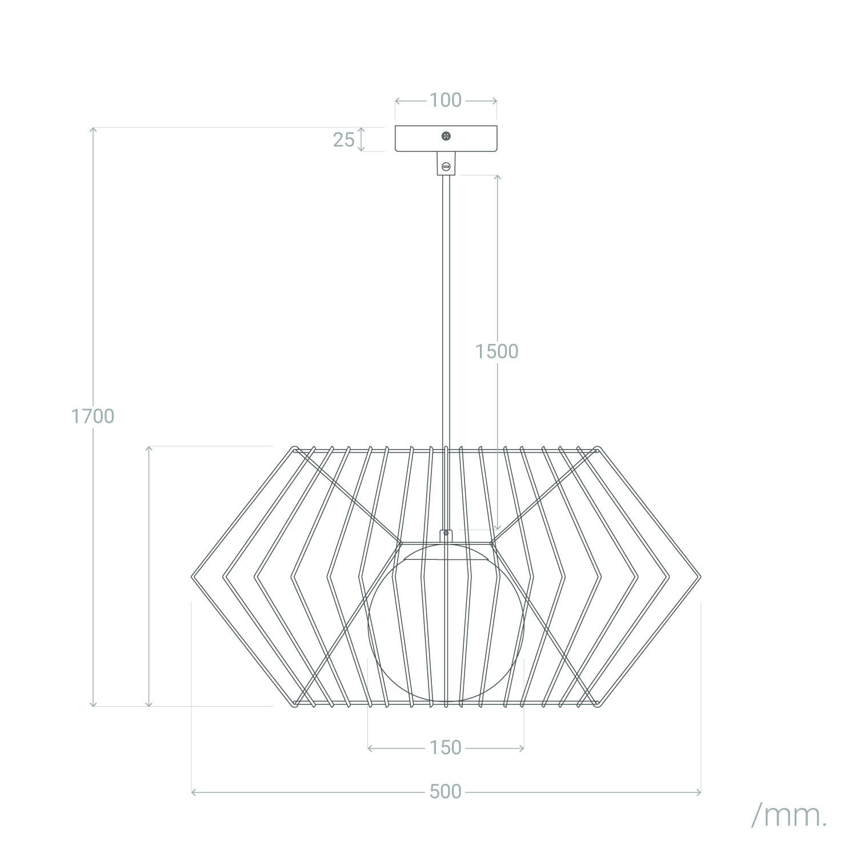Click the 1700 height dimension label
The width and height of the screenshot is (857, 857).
[x=93, y=417]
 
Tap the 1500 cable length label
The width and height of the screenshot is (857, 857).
[x=497, y=351]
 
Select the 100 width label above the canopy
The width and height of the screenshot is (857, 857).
[x=446, y=101]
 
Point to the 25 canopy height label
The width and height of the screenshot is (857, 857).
[x=344, y=139]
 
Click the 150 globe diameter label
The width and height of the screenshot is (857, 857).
[x=446, y=747]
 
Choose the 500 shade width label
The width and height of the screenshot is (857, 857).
[x=446, y=792]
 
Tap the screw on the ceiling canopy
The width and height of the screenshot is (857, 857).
[x=446, y=136]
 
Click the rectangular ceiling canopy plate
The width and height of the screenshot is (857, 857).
[x=446, y=139]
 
